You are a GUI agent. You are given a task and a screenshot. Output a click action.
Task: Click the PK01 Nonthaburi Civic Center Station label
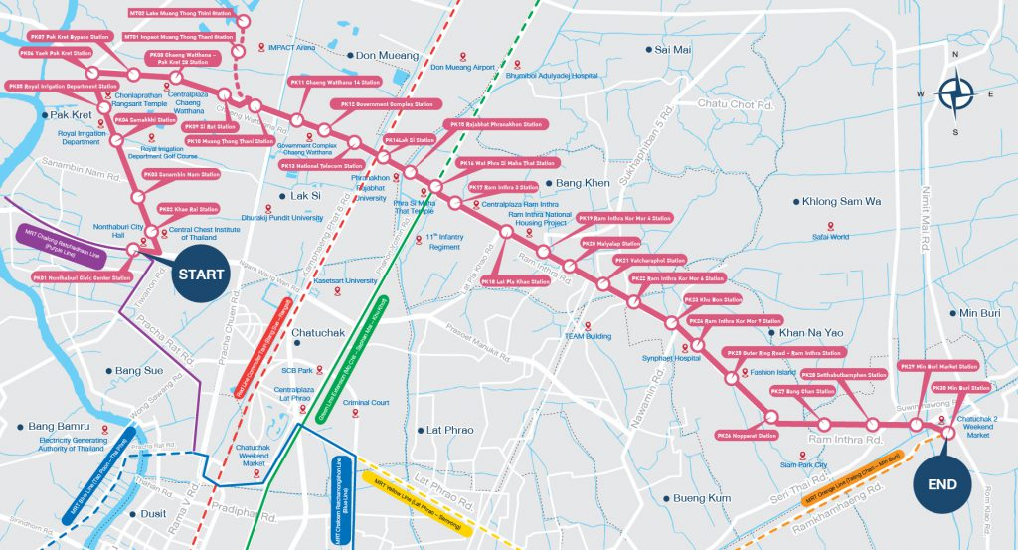coord(83,278)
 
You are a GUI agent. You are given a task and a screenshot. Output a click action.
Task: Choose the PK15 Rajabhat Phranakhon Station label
coord(496,125)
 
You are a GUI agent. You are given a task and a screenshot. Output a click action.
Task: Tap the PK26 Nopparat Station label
coord(747,435)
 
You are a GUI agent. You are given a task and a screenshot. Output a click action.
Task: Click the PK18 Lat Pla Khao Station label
coord(516,282)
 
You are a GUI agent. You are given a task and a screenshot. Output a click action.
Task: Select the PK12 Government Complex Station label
coord(386,104)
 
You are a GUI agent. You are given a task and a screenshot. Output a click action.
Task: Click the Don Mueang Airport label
coord(462,67)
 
